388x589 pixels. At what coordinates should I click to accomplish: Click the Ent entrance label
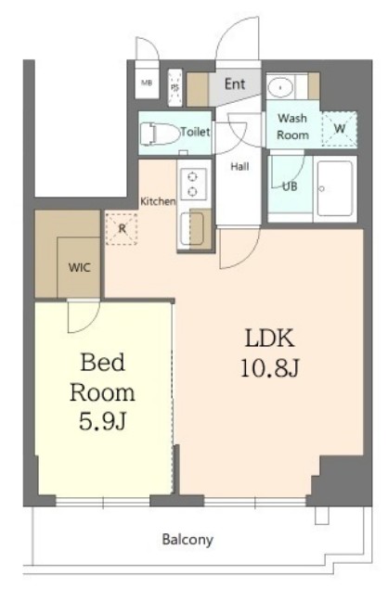pyautogui.click(x=235, y=83)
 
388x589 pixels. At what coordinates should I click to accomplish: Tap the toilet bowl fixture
pyautogui.click(x=160, y=134)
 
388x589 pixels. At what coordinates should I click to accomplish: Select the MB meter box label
pyautogui.click(x=147, y=83)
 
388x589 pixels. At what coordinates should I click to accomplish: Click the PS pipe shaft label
pyautogui.click(x=175, y=87)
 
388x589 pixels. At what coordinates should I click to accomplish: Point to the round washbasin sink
pyautogui.click(x=280, y=87)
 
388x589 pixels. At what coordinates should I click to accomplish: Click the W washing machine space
pyautogui.click(x=340, y=129)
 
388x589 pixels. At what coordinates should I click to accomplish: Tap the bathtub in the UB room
pyautogui.click(x=334, y=188)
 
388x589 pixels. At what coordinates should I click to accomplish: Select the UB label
pyautogui.click(x=290, y=186)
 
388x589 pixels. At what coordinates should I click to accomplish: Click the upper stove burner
pyautogui.click(x=193, y=176)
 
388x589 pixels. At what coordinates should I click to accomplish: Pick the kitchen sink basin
pyautogui.click(x=192, y=229)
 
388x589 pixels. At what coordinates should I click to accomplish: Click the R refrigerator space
pyautogui.click(x=122, y=229)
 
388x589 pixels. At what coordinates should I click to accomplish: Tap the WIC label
pyautogui.click(x=79, y=267)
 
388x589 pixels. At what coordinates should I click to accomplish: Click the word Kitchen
pyautogui.click(x=158, y=201)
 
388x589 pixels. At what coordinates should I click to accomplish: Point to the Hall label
pyautogui.click(x=239, y=166)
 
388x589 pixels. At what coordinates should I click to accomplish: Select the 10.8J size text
pyautogui.click(x=269, y=367)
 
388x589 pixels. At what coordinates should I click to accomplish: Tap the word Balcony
pyautogui.click(x=188, y=540)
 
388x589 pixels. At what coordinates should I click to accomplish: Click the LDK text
pyautogui.click(x=269, y=338)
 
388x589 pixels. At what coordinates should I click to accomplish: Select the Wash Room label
pyautogui.click(x=293, y=126)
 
